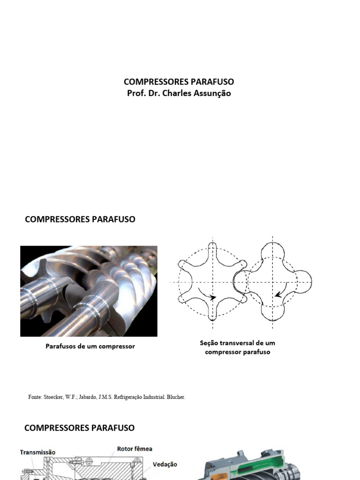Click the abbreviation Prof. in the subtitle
click(135, 93)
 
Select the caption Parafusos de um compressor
click(90, 346)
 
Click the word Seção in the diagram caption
click(209, 343)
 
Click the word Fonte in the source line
click(35, 397)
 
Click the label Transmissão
click(37, 452)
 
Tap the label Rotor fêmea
click(135, 449)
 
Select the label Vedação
click(165, 464)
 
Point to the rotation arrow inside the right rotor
click(278, 294)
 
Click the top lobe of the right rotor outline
click(274, 250)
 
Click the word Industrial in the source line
click(157, 397)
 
